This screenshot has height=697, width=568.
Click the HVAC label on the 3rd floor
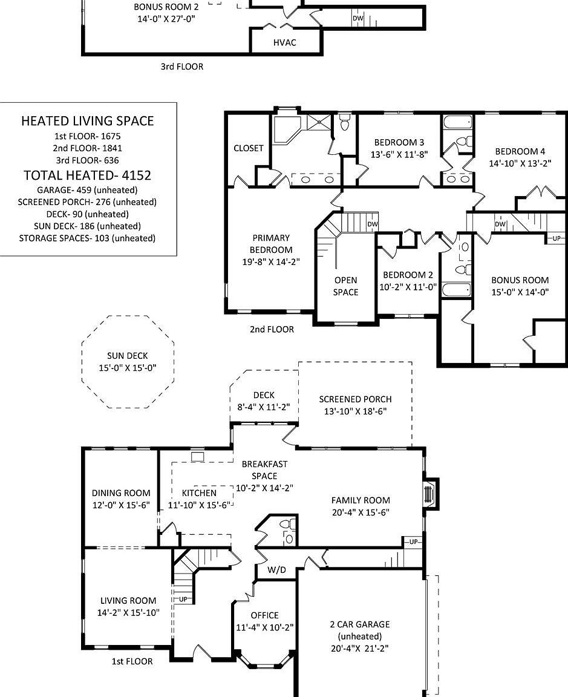click(x=284, y=43)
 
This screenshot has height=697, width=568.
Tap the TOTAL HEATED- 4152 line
click(x=87, y=175)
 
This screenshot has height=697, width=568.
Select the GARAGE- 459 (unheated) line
click(x=87, y=189)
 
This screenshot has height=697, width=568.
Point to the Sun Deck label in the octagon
click(x=127, y=356)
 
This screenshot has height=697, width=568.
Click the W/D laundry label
click(x=276, y=571)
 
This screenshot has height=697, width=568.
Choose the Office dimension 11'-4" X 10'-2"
click(x=264, y=627)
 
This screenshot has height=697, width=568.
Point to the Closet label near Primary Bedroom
click(x=249, y=148)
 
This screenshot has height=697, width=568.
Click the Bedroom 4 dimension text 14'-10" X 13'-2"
click(x=520, y=163)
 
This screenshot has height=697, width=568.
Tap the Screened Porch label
click(x=355, y=399)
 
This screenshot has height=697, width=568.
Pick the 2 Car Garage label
click(x=359, y=624)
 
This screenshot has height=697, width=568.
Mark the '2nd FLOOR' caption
click(x=272, y=330)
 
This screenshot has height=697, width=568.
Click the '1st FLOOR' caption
click(x=132, y=661)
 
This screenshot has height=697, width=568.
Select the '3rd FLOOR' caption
click(x=181, y=67)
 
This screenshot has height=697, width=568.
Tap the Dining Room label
click(x=121, y=493)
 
